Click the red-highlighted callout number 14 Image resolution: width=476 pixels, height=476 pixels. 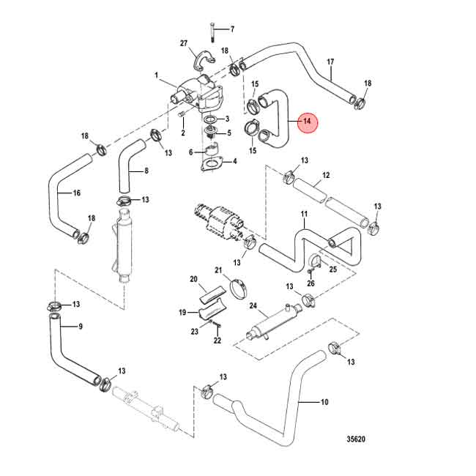coord(307,121)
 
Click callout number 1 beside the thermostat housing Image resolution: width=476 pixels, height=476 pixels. coord(156,75)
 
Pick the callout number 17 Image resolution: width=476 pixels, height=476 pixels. coord(330,62)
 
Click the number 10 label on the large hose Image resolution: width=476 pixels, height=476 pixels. coord(324,402)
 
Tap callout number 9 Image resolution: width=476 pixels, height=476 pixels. coord(80,327)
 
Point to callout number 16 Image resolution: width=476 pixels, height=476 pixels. coord(76,193)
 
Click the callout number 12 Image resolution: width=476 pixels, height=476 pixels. coord(326,176)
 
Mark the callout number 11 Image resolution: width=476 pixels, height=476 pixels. coord(302,215)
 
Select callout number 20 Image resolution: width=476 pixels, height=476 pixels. coord(194,279)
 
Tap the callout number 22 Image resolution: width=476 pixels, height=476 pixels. coord(217,341)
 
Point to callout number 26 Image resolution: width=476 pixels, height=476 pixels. coord(311,283)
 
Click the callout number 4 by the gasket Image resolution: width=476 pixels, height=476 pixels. coord(234,161)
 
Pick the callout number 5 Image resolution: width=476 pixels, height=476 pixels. coord(228,133)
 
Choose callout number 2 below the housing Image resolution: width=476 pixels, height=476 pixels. coord(182,133)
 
